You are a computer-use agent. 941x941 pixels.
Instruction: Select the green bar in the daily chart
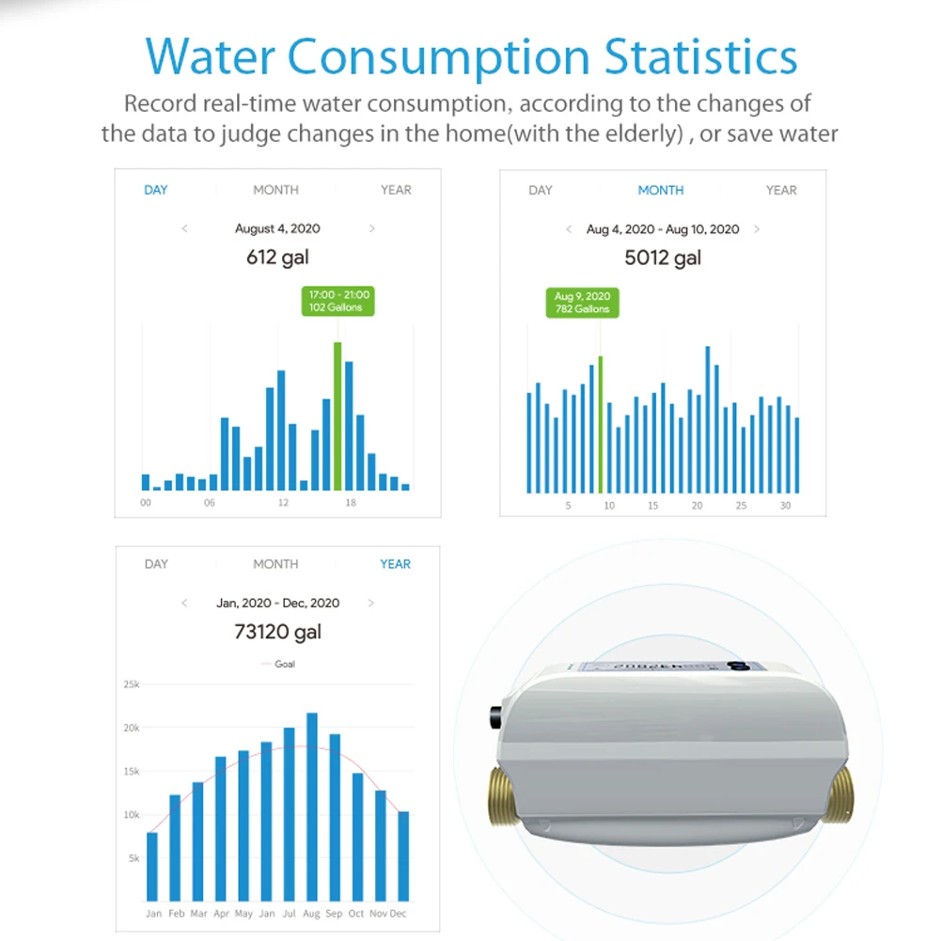(337, 416)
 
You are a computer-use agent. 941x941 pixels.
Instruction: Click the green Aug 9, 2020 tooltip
(583, 303)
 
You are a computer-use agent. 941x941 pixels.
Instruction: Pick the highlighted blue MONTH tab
(661, 190)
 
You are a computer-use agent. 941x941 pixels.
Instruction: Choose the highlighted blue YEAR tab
(395, 564)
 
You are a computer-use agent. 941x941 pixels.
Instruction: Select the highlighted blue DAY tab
(156, 190)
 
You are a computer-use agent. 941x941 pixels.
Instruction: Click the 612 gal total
(277, 257)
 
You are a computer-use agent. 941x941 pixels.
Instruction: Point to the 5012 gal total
(663, 258)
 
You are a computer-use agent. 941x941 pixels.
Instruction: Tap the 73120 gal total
(277, 632)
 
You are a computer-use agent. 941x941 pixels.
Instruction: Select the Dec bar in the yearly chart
(402, 855)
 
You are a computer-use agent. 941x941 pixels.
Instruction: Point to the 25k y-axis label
(131, 683)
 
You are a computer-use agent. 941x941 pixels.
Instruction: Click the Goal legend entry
(278, 664)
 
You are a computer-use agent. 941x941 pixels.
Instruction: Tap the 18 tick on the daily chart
(351, 503)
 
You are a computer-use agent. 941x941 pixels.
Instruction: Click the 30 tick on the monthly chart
(785, 506)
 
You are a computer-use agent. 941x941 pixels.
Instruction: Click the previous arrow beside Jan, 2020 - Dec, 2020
(184, 603)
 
